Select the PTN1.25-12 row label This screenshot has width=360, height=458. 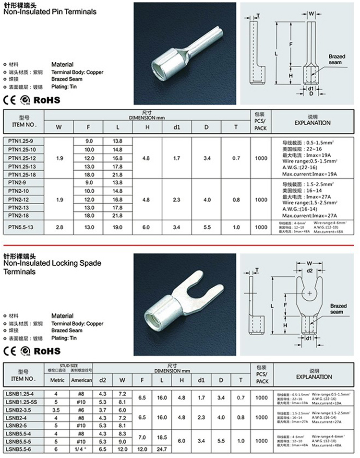pyautogui.click(x=22, y=158)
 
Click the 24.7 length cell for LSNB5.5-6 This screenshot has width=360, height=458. pyautogui.click(x=161, y=449)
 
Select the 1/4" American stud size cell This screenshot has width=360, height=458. pyautogui.click(x=81, y=449)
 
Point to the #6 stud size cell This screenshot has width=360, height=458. pyautogui.click(x=81, y=410)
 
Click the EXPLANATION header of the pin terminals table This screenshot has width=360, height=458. pyautogui.click(x=312, y=123)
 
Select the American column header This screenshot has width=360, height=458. pyautogui.click(x=81, y=380)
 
